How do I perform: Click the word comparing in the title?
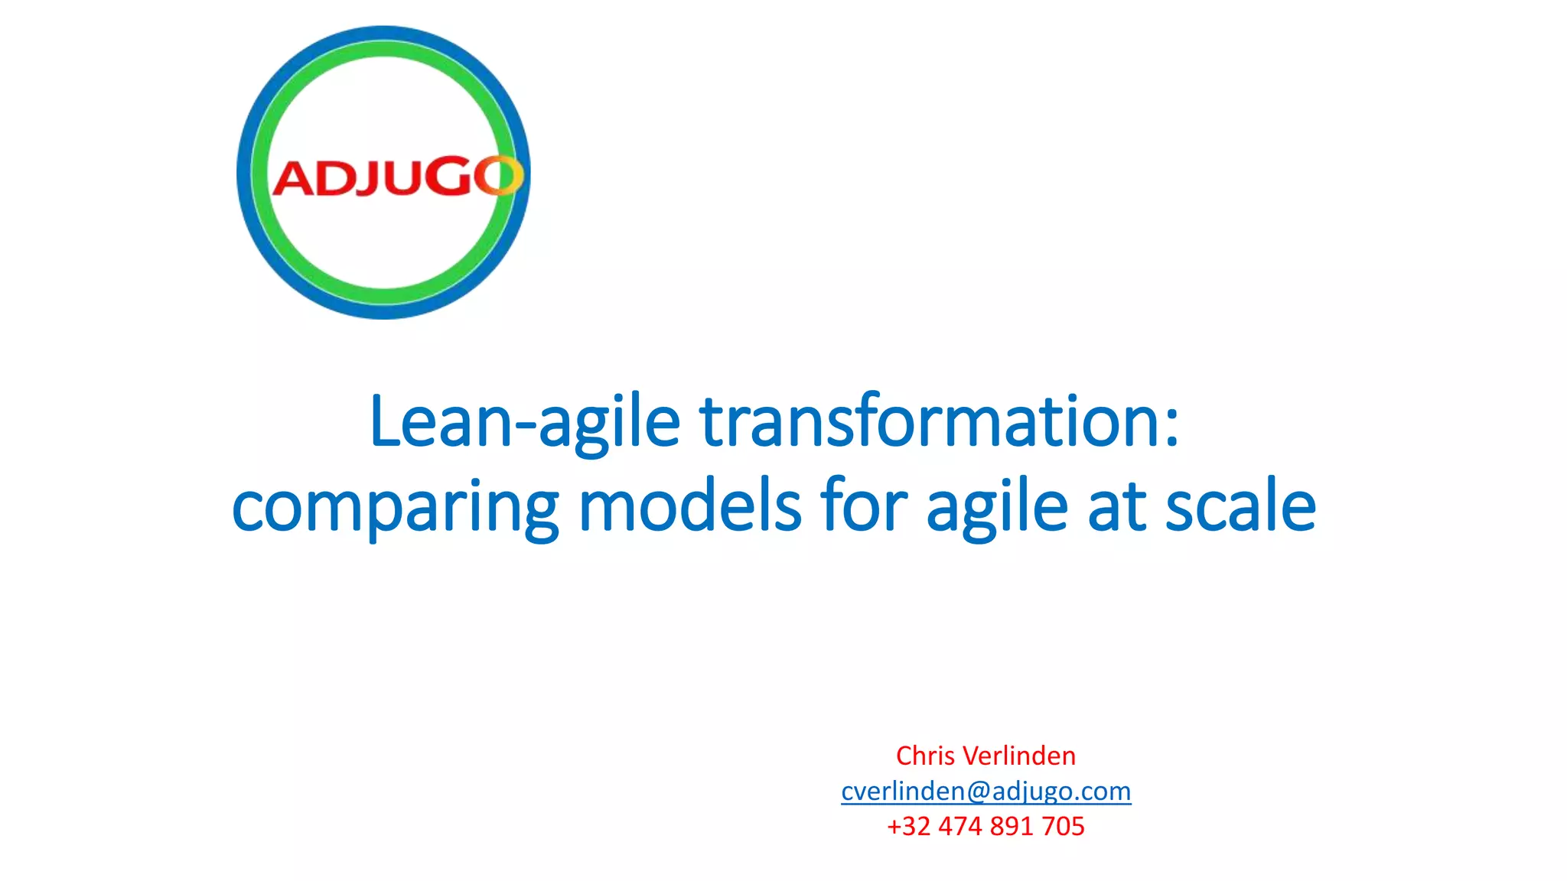[x=395, y=508]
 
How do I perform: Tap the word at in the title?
[x=1116, y=508]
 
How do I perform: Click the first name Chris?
[x=925, y=756]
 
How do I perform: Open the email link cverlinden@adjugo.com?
[x=985, y=791]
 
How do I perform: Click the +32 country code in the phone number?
[x=908, y=827]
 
